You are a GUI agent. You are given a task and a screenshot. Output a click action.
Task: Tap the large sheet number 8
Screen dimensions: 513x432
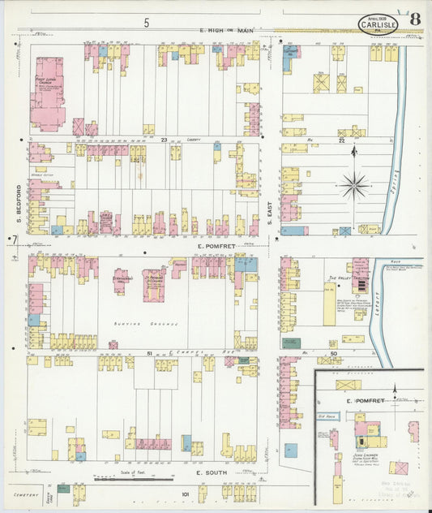tap(415, 19)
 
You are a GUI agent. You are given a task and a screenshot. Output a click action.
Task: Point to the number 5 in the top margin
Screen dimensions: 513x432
tap(147, 23)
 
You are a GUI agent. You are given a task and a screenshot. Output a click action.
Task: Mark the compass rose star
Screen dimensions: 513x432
tap(354, 186)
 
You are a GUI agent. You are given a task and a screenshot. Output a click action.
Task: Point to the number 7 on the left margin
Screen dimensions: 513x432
tap(14, 238)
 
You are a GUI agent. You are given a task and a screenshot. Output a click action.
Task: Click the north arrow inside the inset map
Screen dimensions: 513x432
tap(395, 390)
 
